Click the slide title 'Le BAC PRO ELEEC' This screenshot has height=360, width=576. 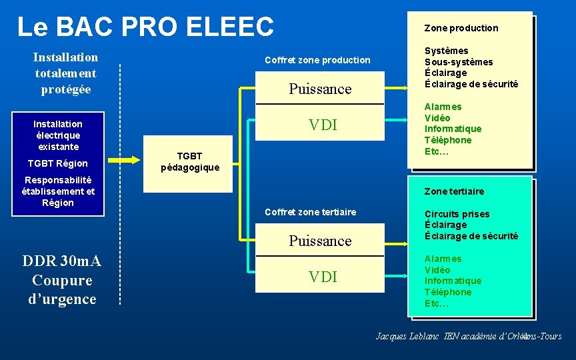point(145,27)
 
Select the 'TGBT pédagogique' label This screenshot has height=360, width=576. point(189,161)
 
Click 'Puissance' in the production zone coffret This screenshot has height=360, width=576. point(320,89)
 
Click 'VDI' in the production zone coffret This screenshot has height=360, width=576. point(323,125)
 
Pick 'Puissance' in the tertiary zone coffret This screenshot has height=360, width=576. point(320,241)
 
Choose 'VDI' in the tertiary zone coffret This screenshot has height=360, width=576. point(323,277)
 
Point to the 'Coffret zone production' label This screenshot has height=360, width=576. point(317,60)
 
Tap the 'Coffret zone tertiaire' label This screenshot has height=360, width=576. point(311,212)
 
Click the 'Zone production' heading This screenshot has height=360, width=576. point(461,28)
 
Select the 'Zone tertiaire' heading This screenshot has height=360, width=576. point(454,191)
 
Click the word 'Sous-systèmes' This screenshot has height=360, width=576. point(459,62)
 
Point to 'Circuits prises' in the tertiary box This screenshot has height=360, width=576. point(457,214)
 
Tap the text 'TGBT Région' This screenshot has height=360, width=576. point(57,163)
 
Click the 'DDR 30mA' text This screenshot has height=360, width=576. point(61,261)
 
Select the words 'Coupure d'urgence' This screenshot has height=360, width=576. point(62,290)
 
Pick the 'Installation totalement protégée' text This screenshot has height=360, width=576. point(65,73)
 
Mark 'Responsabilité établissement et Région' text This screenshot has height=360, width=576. point(58,191)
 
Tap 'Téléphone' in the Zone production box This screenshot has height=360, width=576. point(448,140)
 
